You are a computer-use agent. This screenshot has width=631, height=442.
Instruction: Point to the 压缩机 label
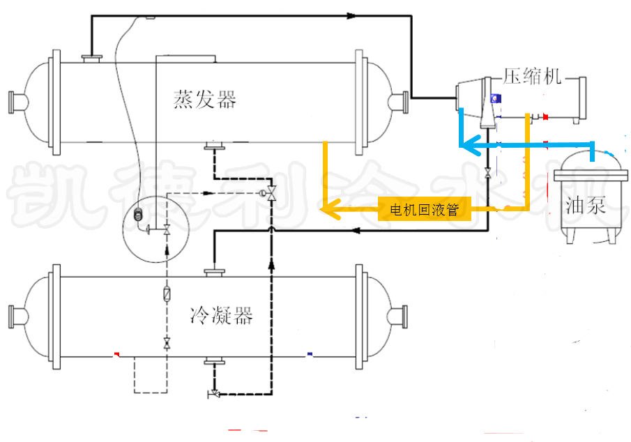532,77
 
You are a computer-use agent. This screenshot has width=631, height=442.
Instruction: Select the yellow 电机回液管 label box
424,208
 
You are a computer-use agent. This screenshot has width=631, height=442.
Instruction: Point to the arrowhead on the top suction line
351,15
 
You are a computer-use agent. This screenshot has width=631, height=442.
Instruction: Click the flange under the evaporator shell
213,146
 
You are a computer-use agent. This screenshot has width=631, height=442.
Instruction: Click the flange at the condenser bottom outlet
213,362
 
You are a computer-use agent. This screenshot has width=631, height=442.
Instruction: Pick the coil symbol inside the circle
137,218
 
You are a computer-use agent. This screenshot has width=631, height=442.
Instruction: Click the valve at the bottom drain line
214,395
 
